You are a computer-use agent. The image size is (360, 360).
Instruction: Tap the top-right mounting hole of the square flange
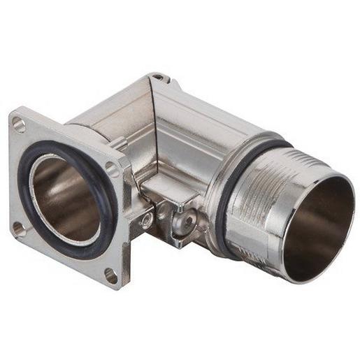pyautogui.click(x=111, y=168)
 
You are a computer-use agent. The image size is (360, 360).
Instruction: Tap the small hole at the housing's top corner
pyautogui.click(x=159, y=77)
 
